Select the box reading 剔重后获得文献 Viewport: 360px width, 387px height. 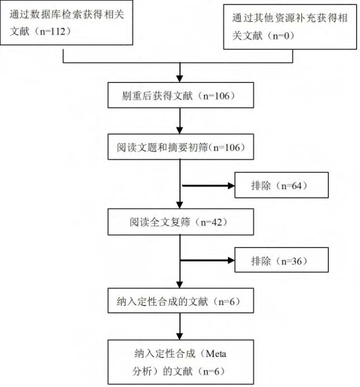181,95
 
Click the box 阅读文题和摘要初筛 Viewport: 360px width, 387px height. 181,147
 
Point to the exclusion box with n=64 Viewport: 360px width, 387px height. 281,185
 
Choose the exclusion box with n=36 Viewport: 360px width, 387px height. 281,260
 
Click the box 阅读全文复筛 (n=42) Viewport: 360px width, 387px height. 181,222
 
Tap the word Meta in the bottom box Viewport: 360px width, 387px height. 215,354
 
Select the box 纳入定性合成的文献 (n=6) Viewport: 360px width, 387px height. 181,301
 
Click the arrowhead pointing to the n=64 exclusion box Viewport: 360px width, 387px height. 231,186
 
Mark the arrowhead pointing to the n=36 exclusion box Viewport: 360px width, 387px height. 231,260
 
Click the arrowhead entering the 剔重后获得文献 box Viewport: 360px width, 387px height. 180,79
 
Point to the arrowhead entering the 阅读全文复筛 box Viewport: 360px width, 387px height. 180,205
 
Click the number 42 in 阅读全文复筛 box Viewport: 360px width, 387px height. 217,222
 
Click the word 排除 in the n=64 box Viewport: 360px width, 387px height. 261,185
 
